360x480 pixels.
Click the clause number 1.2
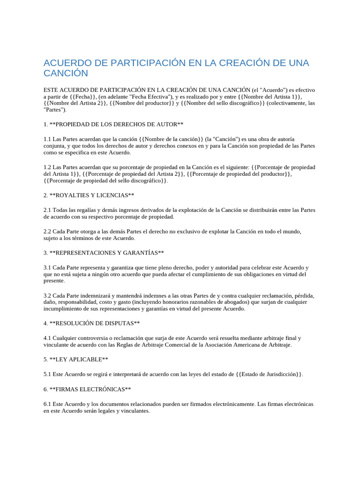pos(47,167)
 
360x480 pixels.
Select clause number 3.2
pos(47,295)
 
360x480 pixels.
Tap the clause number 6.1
pos(47,404)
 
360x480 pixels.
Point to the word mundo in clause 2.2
pos(290,232)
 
